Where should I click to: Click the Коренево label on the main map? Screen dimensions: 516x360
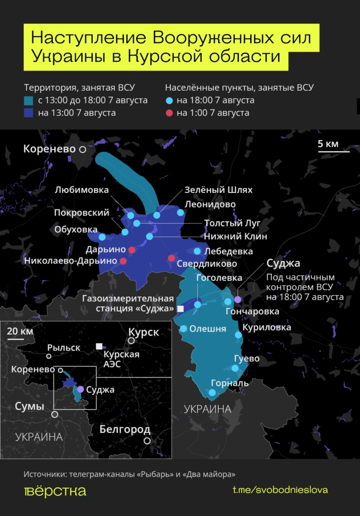pos(49,149)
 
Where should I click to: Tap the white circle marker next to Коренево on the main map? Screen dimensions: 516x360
pos(82,150)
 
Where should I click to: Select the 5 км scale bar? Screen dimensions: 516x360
pos(333,150)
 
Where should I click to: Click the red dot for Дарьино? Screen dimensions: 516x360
pos(132,250)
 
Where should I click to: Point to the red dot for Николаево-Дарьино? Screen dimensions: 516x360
pos(123,261)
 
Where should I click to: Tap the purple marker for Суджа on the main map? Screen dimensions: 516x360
pos(238,300)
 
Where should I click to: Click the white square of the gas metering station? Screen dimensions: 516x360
pos(180,308)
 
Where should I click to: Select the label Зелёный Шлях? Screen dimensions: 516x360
pos(218,190)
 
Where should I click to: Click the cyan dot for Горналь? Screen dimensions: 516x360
pos(212,392)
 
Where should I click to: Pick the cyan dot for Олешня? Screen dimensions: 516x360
pos(184,329)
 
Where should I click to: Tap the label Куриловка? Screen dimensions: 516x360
pos(267,328)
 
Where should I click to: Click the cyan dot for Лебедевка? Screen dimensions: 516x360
pos(197,251)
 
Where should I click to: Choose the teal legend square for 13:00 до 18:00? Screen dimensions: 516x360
pos(29,100)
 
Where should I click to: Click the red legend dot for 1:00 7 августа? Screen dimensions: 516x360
pos(169,113)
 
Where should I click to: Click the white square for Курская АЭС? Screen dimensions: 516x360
pos(99,346)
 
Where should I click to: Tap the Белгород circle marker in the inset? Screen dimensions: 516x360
pos(147,440)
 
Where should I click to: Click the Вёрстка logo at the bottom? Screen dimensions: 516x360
pos(55,491)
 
